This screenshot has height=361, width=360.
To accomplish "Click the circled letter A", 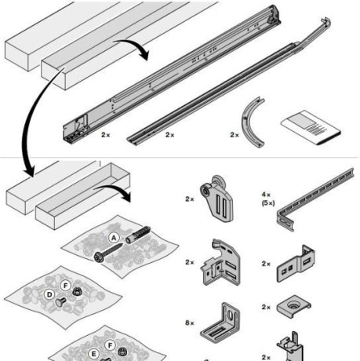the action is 114,238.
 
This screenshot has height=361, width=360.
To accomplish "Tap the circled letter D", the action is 49,295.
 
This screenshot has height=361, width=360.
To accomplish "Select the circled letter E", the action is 93,355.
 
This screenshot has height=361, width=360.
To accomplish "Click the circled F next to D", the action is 65,286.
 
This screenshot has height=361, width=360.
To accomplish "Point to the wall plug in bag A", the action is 138,235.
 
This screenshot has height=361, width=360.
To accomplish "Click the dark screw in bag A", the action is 108,252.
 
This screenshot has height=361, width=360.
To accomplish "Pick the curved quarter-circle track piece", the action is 251,122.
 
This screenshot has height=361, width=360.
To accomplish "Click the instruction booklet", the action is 311,128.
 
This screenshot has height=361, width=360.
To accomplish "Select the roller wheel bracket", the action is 216,199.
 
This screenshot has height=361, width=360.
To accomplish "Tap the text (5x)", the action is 268,203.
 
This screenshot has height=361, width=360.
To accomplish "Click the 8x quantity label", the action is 190,323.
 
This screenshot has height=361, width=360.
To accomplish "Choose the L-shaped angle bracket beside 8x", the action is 220,323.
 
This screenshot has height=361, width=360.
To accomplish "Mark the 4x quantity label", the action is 266,195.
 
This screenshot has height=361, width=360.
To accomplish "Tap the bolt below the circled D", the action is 60,302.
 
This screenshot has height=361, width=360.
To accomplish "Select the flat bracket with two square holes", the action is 296,264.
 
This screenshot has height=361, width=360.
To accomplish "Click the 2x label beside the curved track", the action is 235,135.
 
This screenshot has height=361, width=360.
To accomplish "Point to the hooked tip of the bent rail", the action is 326,21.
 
